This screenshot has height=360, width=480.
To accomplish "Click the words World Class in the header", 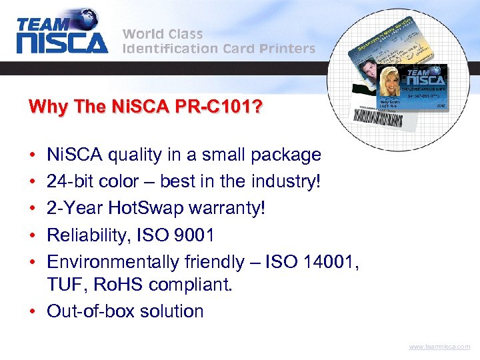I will point(162,33).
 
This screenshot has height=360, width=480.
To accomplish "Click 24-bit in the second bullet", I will point(68,181).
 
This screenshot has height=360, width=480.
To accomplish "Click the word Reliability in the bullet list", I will point(85,235).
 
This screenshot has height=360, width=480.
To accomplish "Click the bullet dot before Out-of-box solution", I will point(33,311).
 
